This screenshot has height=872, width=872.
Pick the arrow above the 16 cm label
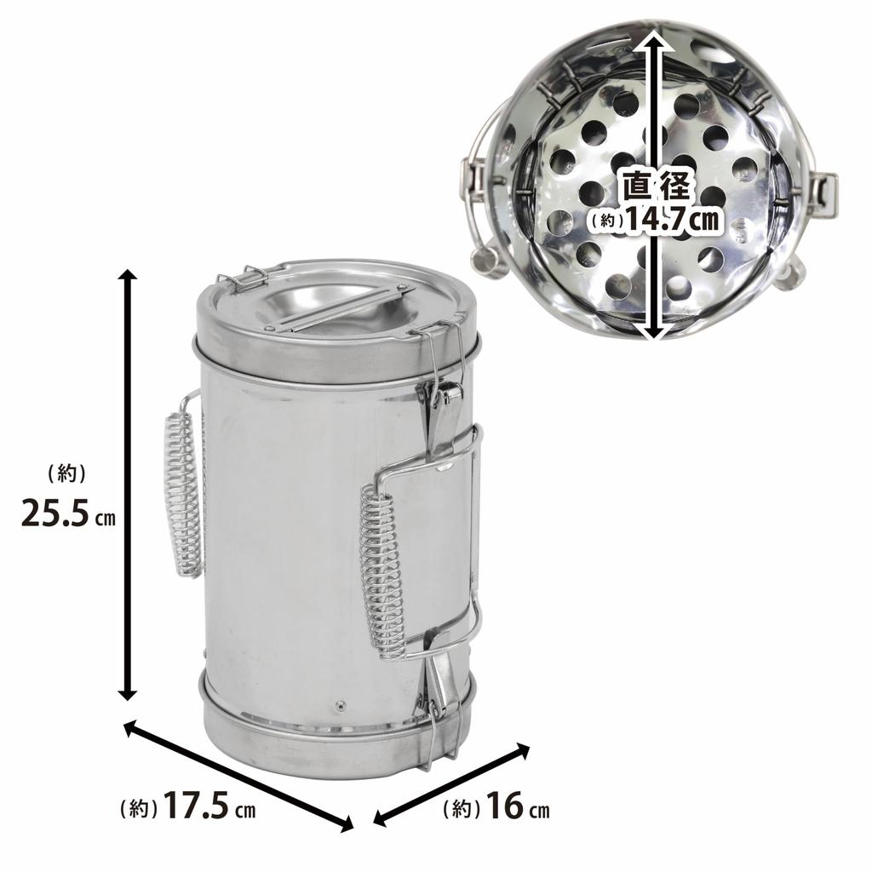coord(452,784)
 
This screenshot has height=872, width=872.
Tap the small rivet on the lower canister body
coord(340,705)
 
